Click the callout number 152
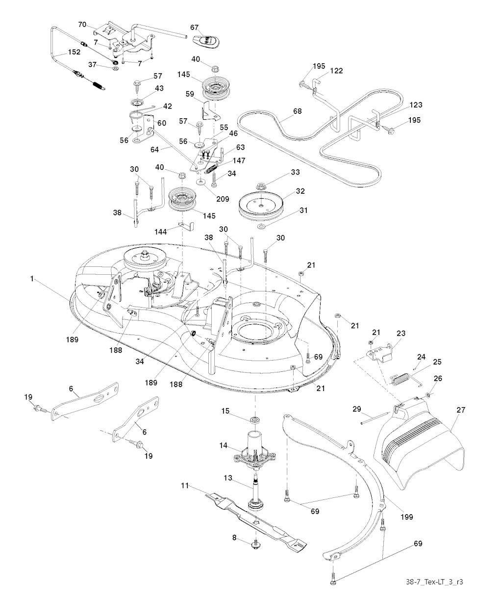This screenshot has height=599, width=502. pos(61,52)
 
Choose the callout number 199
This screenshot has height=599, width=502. pos(406,516)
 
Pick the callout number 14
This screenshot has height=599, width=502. pos(224,445)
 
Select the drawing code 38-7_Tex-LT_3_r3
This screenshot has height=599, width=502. pos(434,582)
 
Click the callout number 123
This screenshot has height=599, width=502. pos(415,105)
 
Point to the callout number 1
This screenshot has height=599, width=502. pos(32,279)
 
